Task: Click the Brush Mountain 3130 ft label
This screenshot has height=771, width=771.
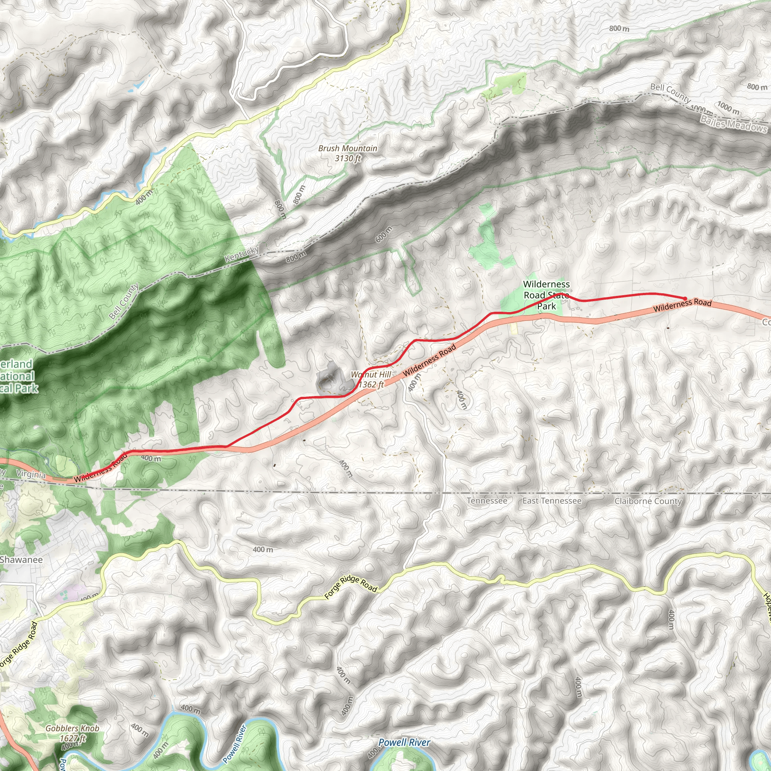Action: (347, 153)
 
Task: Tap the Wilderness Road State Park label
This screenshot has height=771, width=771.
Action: (546, 295)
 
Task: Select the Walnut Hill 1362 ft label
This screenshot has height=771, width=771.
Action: (371, 379)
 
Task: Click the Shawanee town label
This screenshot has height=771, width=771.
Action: (21, 559)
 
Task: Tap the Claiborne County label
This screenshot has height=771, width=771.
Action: (648, 501)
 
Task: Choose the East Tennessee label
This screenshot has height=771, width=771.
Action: (552, 501)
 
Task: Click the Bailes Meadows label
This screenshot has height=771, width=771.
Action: (733, 124)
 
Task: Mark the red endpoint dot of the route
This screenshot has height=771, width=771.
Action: (685, 299)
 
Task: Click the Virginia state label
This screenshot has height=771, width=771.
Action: (31, 474)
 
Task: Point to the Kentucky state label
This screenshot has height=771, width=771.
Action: (242, 254)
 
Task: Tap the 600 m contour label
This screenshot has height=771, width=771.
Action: (384, 234)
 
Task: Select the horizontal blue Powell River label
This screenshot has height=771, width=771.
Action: (404, 743)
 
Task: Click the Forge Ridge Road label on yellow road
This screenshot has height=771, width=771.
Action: (351, 587)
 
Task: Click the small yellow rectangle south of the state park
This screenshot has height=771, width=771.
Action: (514, 328)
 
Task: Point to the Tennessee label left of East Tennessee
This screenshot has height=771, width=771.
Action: (487, 501)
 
